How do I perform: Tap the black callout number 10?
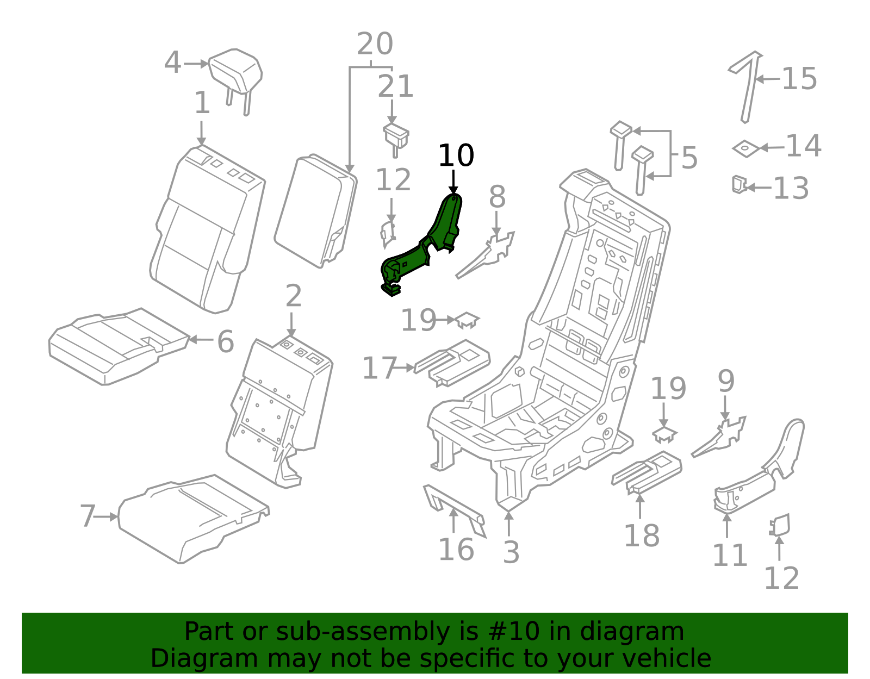point(456,155)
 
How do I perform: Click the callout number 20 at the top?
point(375,43)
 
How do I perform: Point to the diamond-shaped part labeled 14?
point(746,148)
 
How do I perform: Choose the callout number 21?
point(395,86)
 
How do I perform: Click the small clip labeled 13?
point(739,184)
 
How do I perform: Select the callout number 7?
point(88,516)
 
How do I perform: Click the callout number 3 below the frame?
point(511,552)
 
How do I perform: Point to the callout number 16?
point(456,550)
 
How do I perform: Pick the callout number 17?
point(380,369)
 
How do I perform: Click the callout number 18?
point(642,535)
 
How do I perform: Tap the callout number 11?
point(730,556)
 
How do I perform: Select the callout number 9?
point(726,381)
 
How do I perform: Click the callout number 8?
point(497,197)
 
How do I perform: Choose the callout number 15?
point(799,78)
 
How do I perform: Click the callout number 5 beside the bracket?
point(689,158)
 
